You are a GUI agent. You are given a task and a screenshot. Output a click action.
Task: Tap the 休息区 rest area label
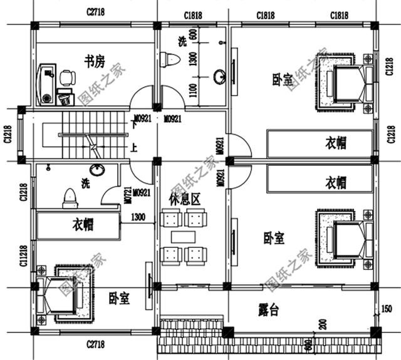(x=185, y=200)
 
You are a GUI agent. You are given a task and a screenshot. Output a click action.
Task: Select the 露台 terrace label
(x=269, y=309)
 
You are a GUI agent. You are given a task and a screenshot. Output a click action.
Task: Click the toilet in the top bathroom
(x=170, y=60)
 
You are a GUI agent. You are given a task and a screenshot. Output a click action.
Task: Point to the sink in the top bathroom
(x=219, y=78)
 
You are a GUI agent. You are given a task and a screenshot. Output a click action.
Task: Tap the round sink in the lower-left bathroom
(x=96, y=170)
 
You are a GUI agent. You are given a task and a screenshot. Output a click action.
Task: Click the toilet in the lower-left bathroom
(x=70, y=198)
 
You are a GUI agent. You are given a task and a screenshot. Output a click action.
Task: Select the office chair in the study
(x=67, y=78)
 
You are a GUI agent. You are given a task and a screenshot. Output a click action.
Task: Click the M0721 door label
(x=127, y=197)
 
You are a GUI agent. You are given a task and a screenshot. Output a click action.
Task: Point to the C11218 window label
(x=23, y=255)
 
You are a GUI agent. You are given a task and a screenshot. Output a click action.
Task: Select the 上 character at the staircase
(x=133, y=148)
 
